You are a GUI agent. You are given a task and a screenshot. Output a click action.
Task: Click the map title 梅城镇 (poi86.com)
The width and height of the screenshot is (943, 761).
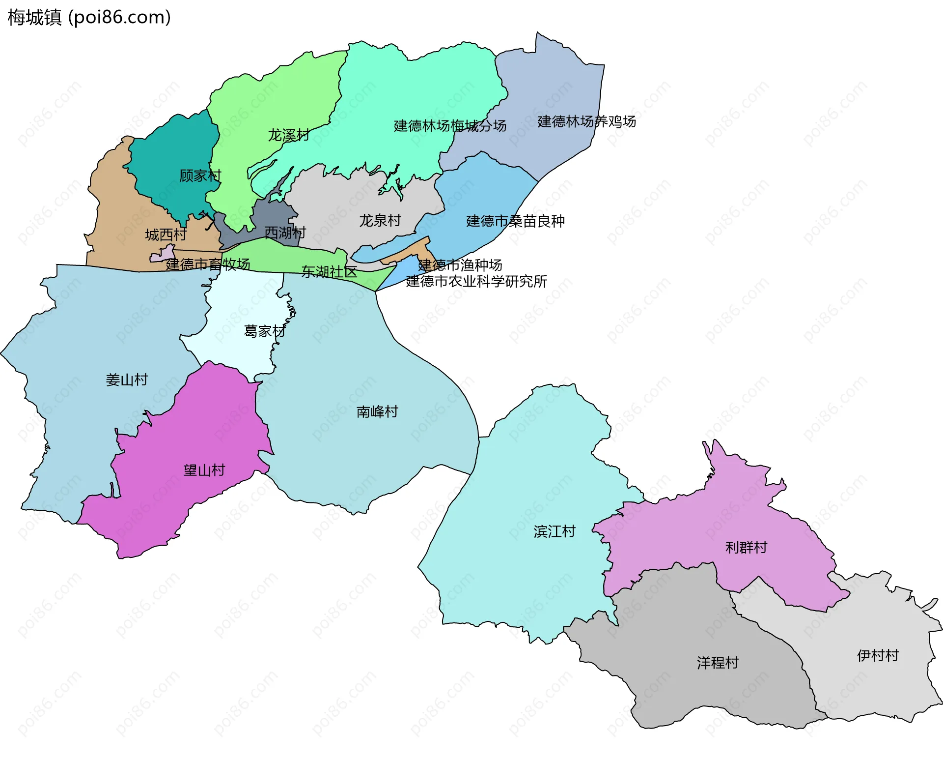click(x=89, y=18)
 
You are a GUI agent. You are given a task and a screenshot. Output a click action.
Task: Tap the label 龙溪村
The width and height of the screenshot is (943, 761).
click(x=288, y=135)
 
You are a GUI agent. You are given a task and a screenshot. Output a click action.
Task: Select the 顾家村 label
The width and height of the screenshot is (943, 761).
click(x=200, y=176)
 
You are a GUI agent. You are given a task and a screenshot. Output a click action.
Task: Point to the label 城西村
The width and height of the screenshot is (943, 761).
click(x=166, y=234)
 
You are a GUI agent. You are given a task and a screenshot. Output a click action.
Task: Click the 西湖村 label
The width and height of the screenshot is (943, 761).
click(x=285, y=233)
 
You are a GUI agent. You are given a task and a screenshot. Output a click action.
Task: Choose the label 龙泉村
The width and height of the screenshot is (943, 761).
click(x=380, y=220)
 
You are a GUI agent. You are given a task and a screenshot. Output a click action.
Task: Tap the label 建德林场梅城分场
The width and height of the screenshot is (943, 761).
click(x=450, y=126)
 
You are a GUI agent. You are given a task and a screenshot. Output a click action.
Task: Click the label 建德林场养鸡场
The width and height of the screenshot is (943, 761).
click(x=586, y=121)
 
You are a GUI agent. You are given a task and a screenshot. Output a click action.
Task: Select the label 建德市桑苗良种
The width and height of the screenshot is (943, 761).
click(x=515, y=221)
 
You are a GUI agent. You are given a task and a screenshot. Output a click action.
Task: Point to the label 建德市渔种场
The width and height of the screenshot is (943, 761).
click(x=460, y=265)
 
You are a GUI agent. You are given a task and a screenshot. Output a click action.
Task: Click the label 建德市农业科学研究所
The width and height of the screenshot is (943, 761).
click(x=476, y=282)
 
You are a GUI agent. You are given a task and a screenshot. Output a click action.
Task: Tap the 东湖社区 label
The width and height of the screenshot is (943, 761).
click(x=329, y=272)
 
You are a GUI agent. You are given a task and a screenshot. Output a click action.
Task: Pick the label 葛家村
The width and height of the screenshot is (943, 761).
click(x=264, y=331)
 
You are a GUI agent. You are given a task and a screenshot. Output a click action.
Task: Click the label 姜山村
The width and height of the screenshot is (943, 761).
click(x=127, y=380)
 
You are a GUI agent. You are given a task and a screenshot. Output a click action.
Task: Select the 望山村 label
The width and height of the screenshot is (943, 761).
click(x=204, y=470)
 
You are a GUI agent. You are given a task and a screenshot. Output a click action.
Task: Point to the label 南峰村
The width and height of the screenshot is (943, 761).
click(x=377, y=412)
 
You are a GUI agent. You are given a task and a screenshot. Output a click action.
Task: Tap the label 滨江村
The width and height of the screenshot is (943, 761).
click(x=555, y=531)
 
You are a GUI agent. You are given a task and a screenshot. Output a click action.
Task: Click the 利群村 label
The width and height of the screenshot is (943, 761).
click(x=746, y=548)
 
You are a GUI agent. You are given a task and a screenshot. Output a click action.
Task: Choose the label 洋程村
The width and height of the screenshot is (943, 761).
click(x=718, y=663)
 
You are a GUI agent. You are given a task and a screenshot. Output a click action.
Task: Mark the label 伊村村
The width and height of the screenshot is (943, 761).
click(x=878, y=656)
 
